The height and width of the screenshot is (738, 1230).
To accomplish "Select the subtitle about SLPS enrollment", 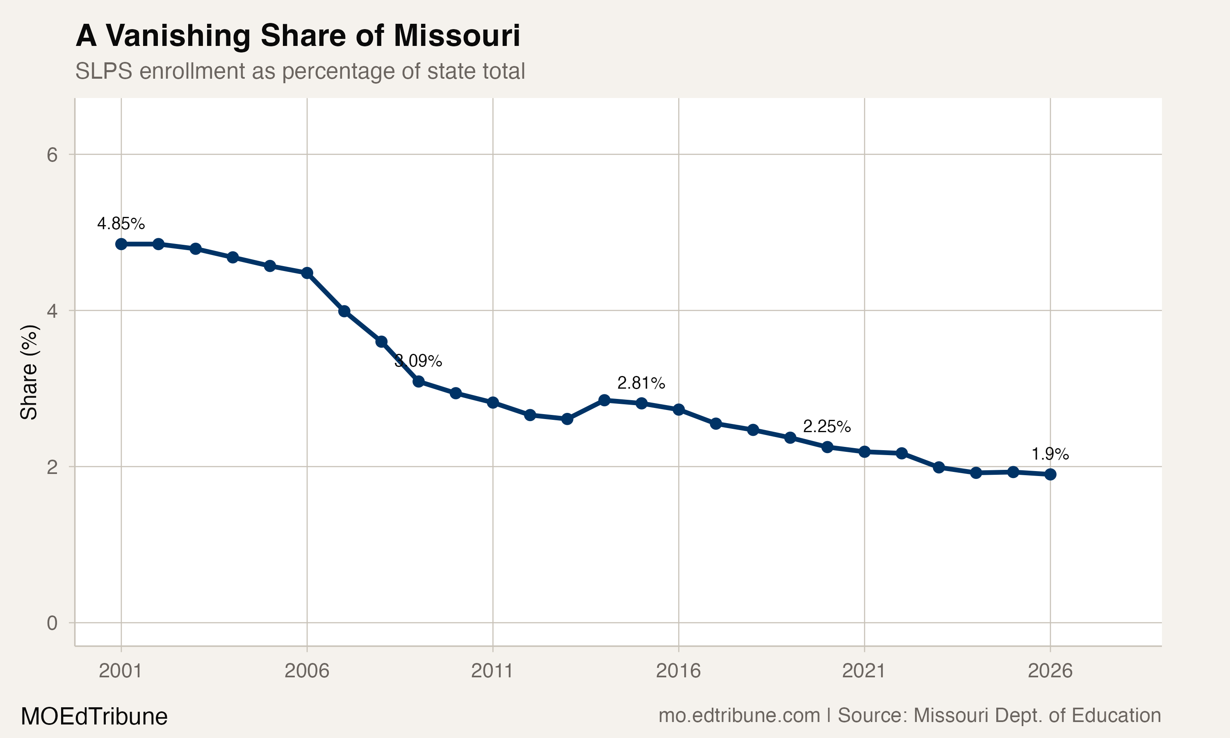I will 300,71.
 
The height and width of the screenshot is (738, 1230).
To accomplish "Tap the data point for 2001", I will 121,244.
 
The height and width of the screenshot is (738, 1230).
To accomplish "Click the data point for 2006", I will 307,273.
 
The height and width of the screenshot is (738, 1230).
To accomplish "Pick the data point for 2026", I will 1050,474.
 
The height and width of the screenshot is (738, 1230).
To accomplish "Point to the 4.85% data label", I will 121,224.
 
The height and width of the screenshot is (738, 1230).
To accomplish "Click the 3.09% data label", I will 418,361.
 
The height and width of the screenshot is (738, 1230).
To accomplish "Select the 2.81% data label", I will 641,383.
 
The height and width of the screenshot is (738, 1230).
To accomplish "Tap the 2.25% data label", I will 827,426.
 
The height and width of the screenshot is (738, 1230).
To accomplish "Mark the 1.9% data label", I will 1050,454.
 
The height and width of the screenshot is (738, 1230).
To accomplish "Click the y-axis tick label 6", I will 52,155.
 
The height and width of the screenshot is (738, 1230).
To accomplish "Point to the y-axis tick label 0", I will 52,623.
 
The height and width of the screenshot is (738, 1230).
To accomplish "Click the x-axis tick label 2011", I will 492,671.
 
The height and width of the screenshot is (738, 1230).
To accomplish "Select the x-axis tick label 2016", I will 678,671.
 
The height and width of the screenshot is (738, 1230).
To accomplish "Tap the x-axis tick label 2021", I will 864,671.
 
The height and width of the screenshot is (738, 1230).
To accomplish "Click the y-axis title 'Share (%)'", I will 29,372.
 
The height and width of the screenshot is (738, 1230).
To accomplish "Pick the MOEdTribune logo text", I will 94,717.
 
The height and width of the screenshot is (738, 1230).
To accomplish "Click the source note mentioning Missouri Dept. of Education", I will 909,715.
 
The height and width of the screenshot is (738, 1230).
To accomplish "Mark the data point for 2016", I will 679,410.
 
